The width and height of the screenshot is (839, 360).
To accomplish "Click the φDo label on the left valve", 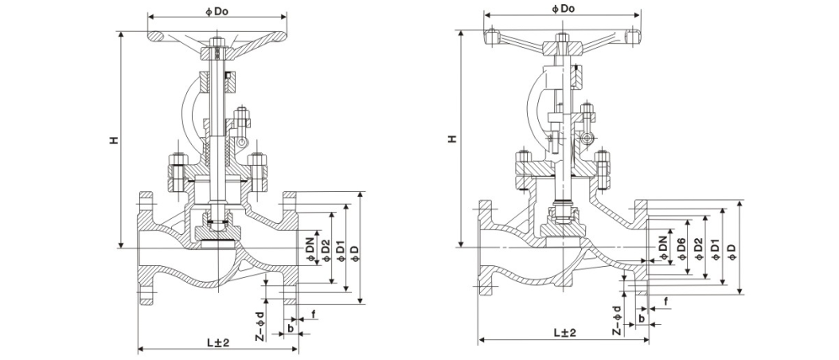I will coord(217,9).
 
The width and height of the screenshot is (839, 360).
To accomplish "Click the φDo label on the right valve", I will coord(563,8).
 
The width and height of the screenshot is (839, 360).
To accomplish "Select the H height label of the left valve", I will coord(114,140).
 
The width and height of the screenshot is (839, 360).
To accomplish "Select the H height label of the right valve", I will coord(452,139).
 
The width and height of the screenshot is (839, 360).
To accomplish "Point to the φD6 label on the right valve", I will coord(681,249).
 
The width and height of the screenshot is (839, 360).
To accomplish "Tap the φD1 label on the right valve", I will coord(714,249).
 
